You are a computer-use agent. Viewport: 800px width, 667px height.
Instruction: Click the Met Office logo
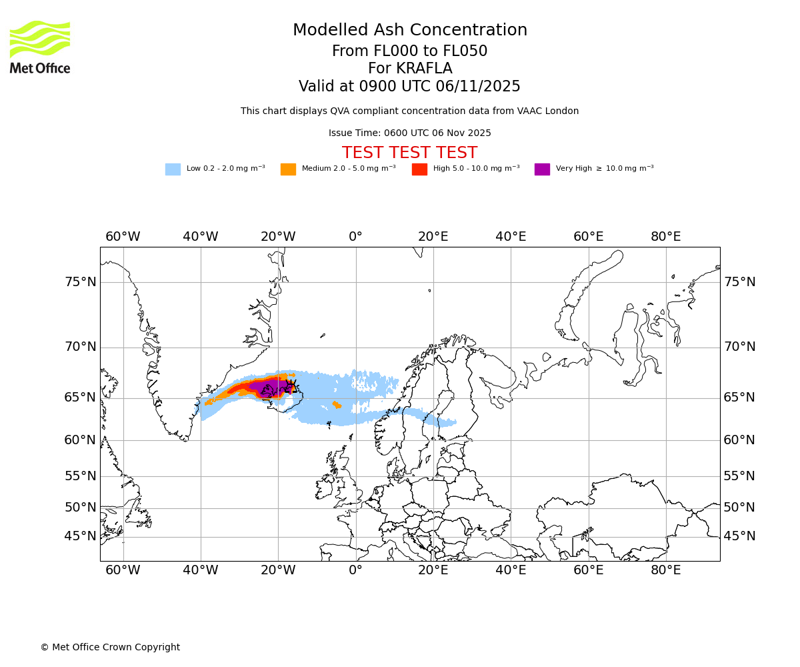[x=40, y=47]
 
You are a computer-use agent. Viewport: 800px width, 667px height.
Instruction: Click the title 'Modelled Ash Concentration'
[x=409, y=30]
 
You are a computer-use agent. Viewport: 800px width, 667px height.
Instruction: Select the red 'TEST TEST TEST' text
[x=409, y=153]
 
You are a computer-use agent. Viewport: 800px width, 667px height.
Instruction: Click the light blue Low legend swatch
[x=173, y=169]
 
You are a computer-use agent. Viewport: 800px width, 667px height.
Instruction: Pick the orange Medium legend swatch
[x=288, y=169]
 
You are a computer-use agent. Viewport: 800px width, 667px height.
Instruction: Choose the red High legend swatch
[x=419, y=169]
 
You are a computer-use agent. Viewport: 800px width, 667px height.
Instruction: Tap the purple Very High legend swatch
[x=542, y=169]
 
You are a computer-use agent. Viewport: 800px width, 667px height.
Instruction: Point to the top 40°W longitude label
[x=201, y=236]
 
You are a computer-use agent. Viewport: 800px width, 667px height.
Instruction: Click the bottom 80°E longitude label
[x=666, y=570]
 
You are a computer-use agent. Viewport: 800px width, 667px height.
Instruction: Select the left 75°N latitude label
[x=81, y=282]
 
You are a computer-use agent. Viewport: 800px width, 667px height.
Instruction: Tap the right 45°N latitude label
[x=739, y=536]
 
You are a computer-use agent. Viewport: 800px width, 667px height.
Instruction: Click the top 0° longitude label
[x=355, y=236]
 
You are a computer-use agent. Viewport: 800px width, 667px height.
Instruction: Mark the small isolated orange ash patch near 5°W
[x=337, y=404]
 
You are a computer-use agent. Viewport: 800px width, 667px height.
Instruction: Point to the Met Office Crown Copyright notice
[x=110, y=647]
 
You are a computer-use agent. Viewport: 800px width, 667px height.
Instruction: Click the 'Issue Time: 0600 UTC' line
[x=409, y=133]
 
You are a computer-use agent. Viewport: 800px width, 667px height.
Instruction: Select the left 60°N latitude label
[x=81, y=440]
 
